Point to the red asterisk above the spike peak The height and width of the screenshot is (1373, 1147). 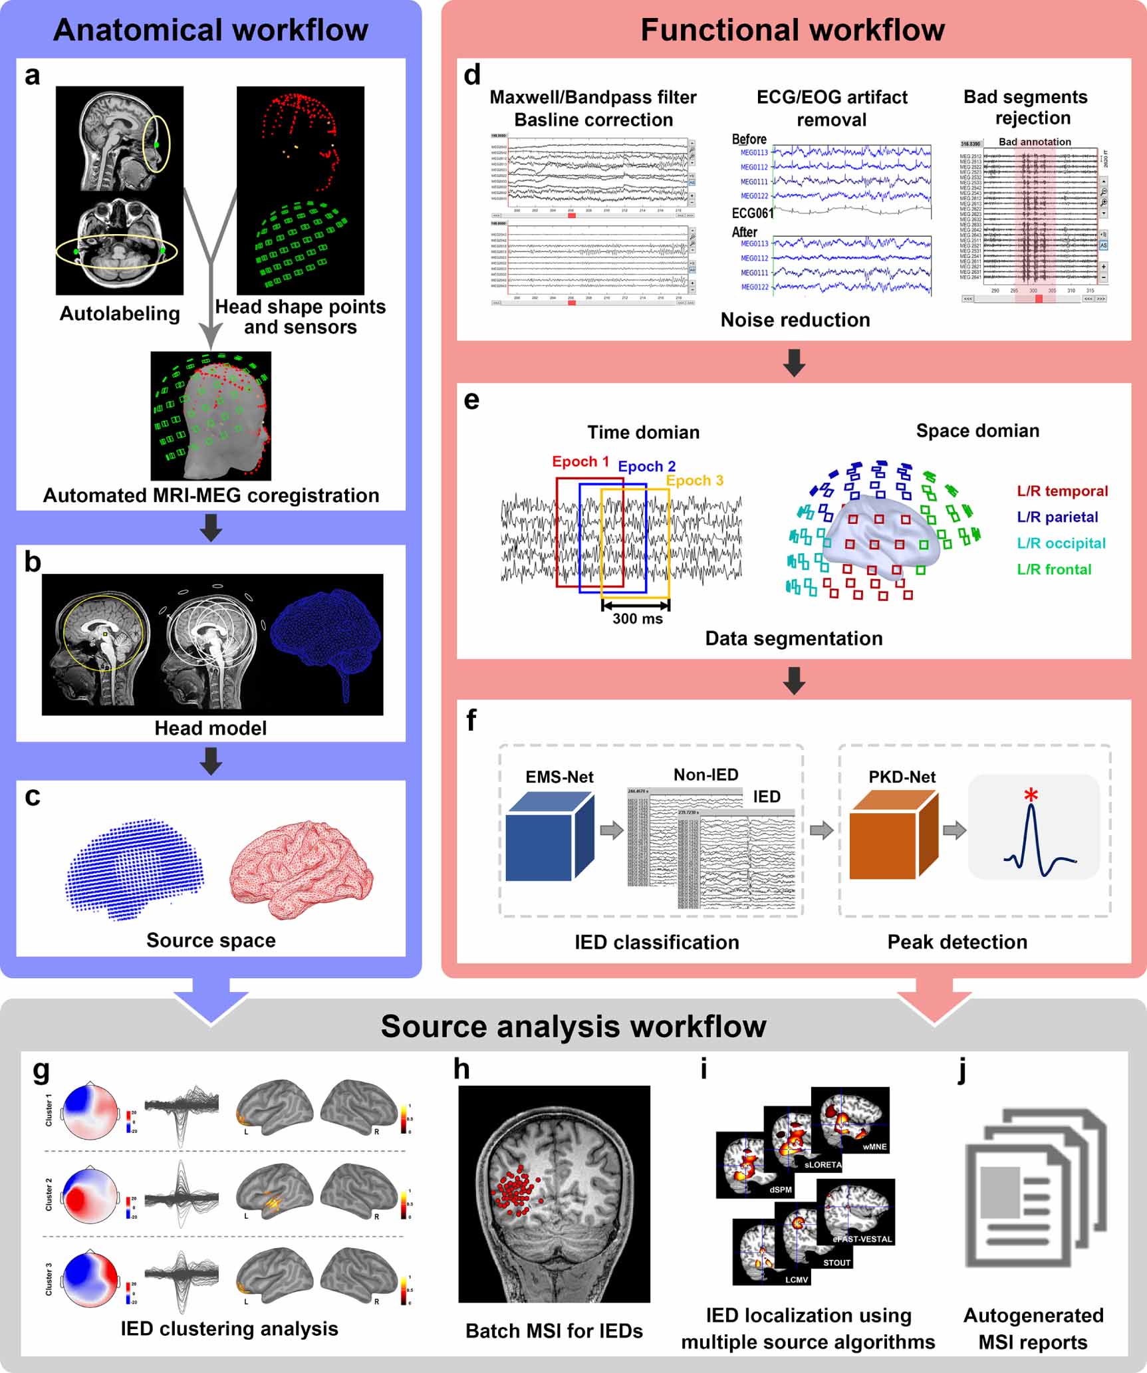[1031, 795]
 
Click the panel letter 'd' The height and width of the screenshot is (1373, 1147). [472, 75]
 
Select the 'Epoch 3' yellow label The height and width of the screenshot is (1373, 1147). [694, 481]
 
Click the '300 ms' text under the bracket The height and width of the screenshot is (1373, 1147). [637, 619]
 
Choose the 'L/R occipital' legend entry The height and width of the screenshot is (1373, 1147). [1061, 543]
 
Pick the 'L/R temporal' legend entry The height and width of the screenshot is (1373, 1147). [1063, 491]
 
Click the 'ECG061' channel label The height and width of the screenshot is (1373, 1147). [753, 213]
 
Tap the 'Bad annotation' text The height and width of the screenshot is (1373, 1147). [1035, 142]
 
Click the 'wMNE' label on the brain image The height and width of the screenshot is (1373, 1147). [874, 1147]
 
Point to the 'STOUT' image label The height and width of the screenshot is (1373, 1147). [836, 1263]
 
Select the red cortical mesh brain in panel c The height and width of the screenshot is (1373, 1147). [301, 868]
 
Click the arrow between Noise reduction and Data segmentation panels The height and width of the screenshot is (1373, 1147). [794, 362]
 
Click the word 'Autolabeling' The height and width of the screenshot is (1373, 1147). [120, 314]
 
